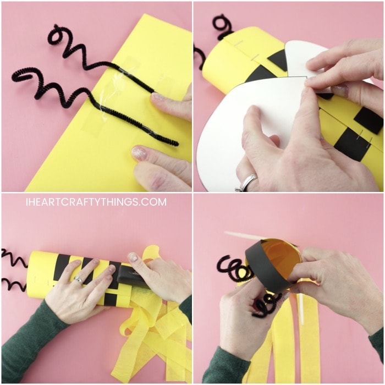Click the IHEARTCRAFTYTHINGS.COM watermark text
[x=96, y=202]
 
